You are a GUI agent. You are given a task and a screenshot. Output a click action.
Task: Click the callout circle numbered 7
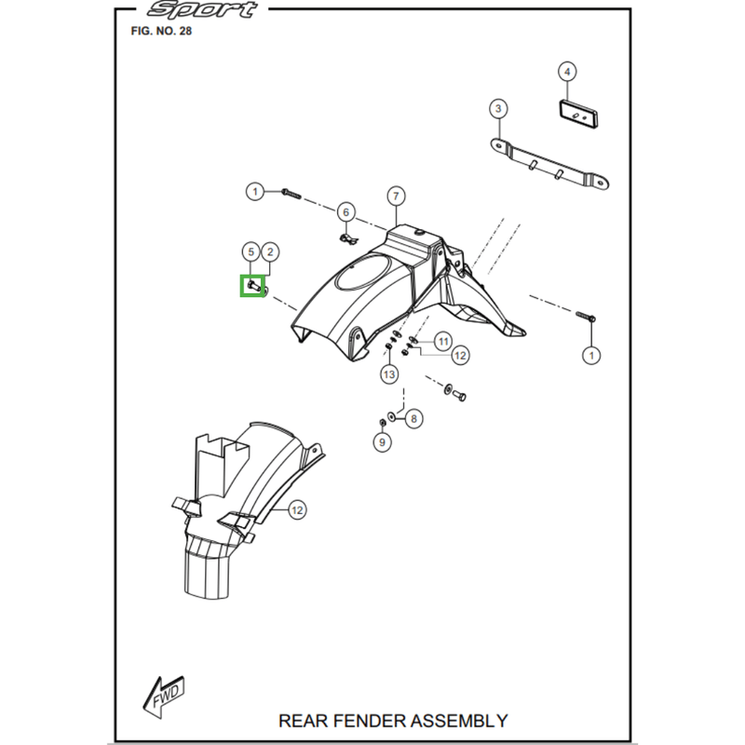point(396,196)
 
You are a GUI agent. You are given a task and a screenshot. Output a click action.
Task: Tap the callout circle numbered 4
point(567,71)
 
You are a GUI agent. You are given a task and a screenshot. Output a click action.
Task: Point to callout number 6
point(345,212)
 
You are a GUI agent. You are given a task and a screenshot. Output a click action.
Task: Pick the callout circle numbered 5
point(250,251)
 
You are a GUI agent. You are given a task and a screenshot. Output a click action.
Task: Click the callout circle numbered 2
point(269,251)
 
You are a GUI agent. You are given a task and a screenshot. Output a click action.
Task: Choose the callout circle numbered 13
point(388,374)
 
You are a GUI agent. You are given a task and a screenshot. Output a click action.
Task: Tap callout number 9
point(382,443)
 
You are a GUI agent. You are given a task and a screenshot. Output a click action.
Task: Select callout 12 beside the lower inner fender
point(296,509)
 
